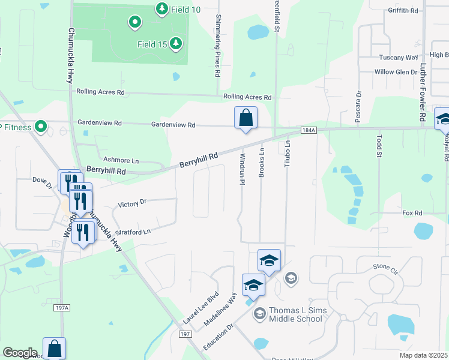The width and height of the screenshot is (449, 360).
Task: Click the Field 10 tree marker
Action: [161, 8]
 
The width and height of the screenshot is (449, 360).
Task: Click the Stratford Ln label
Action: [132, 232]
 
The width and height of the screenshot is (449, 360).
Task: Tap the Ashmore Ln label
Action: [121, 161]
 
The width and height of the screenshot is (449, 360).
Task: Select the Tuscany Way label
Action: [398, 58]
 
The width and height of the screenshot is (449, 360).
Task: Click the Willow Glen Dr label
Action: [396, 72]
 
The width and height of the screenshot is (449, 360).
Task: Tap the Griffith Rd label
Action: [403, 11]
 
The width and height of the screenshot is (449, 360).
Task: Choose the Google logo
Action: [20, 353]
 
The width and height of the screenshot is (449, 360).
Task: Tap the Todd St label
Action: [379, 147]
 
